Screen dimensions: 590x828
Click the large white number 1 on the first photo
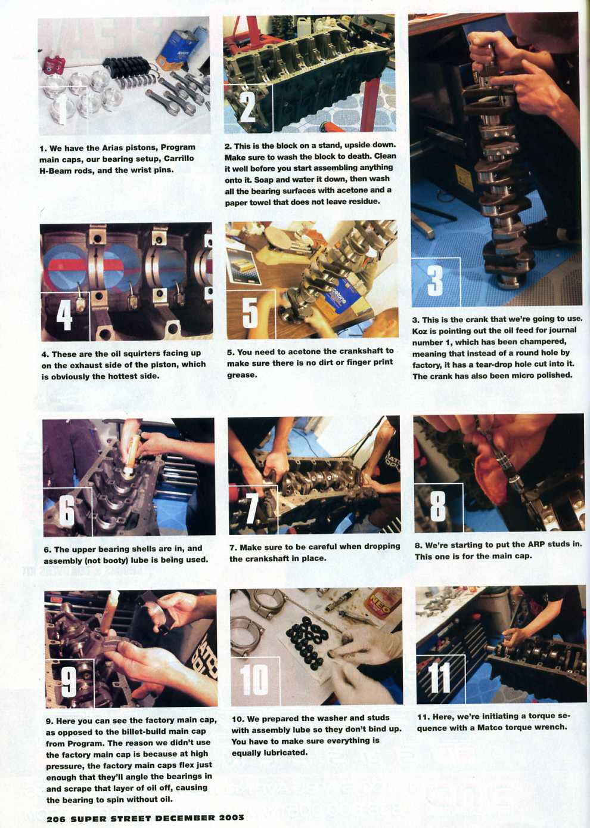click(63, 110)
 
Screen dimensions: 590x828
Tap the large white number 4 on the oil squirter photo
click(64, 315)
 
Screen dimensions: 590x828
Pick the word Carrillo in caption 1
click(179, 159)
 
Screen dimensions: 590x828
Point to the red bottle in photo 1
click(54, 64)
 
